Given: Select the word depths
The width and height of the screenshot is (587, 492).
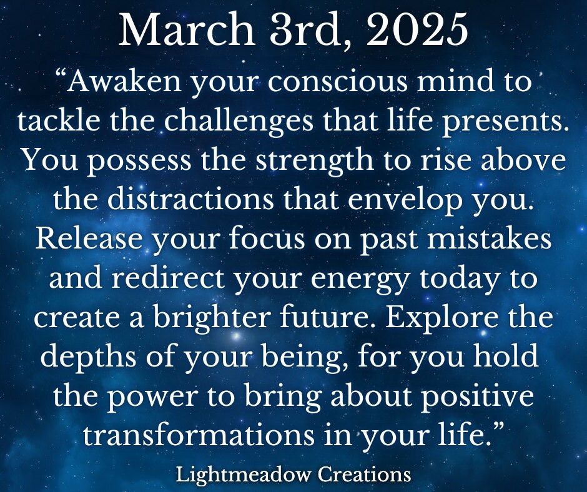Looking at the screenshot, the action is (x=88, y=358).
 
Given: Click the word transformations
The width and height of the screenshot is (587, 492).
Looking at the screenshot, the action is (x=199, y=435).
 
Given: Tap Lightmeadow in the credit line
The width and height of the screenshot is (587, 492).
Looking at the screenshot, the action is (x=244, y=475).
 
